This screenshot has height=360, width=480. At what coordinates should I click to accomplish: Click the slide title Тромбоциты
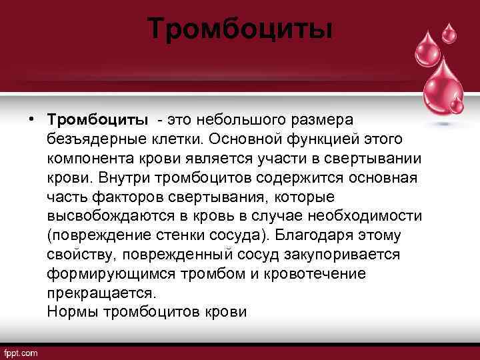pyautogui.click(x=239, y=29)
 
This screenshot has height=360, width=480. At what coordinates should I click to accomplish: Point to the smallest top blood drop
pyautogui.click(x=449, y=32)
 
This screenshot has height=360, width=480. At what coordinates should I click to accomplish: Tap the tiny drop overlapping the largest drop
pyautogui.click(x=456, y=105)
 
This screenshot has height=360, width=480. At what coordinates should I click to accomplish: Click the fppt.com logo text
pyautogui.click(x=21, y=352)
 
